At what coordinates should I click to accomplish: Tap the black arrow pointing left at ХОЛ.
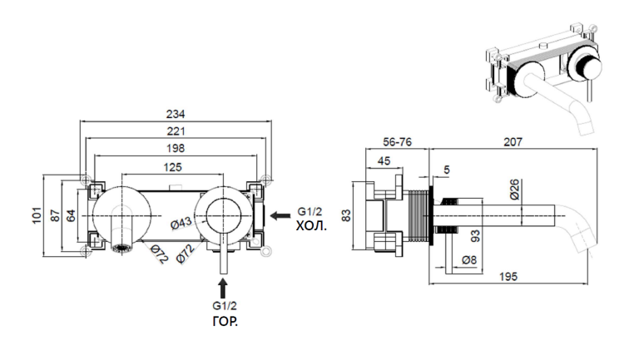pos(280,215)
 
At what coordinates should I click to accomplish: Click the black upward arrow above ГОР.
pos(223,288)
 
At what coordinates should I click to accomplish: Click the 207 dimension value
pos(513,142)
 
